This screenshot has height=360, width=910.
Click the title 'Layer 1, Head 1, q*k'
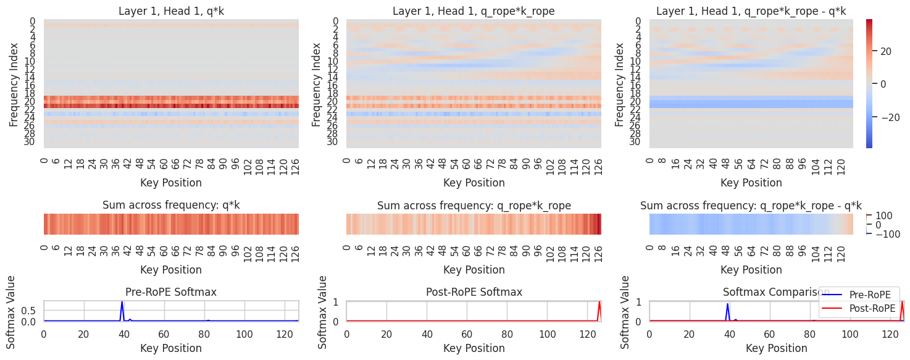coord(171,11)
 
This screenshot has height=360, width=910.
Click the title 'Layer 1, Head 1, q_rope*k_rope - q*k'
coord(751,11)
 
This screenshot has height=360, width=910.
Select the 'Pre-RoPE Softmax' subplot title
coord(171,292)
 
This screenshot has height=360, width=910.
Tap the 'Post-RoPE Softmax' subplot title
coord(474,292)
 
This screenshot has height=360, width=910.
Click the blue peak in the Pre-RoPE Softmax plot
coord(122,303)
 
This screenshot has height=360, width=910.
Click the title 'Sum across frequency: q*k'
coord(171,206)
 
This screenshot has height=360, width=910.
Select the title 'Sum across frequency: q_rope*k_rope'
coord(474,206)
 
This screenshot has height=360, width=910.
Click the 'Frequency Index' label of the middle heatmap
coord(317,85)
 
